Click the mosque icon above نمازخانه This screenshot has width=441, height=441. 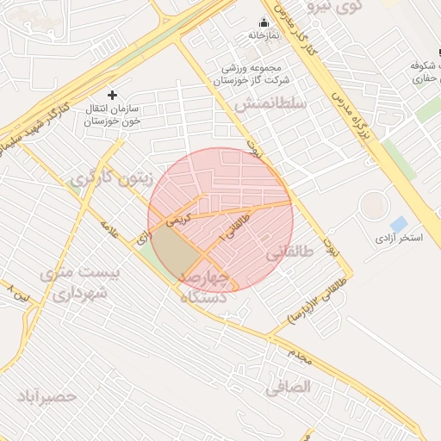tap(264, 22)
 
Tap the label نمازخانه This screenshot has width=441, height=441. tap(264, 36)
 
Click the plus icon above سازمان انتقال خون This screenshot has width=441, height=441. tap(111, 94)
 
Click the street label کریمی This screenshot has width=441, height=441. tap(176, 220)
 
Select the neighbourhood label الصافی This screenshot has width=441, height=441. tap(288, 388)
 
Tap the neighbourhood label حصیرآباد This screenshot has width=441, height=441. tap(47, 397)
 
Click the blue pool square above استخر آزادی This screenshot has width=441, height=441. tap(399, 224)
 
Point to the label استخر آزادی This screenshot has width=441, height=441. tap(399, 237)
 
